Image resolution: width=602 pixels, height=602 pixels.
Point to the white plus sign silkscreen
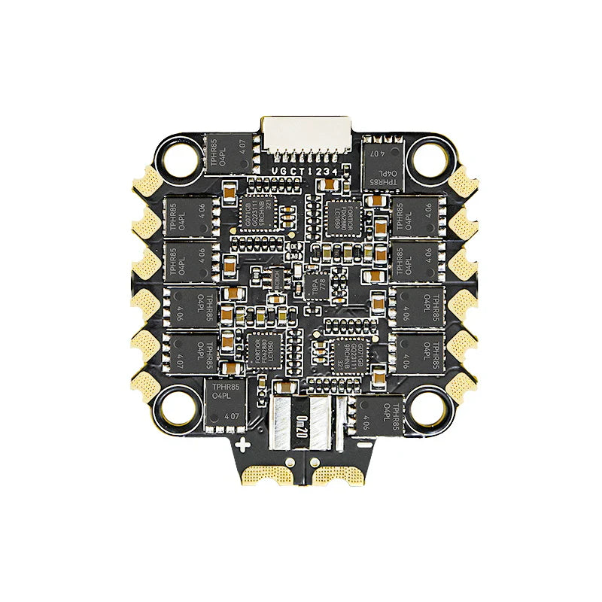(x=242, y=445)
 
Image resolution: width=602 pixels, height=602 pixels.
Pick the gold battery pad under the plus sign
(x=265, y=474)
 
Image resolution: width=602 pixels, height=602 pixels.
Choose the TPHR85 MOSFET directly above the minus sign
(x=382, y=413)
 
